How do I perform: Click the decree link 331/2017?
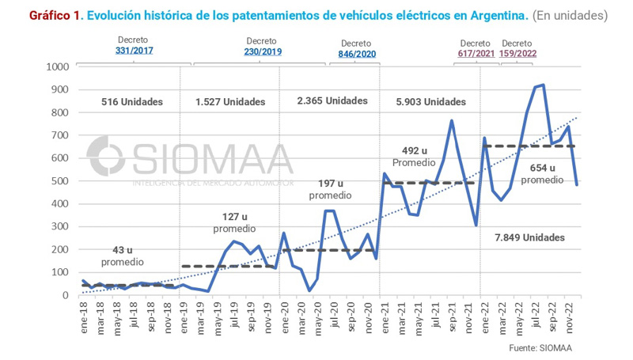134,51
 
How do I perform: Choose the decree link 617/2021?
476,54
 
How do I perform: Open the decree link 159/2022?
517,54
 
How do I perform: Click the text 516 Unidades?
131,102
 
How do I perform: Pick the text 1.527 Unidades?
231,102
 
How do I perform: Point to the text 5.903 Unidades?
430,102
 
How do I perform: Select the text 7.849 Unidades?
530,237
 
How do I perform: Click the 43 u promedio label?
122,256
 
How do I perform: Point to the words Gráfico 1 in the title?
54,15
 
